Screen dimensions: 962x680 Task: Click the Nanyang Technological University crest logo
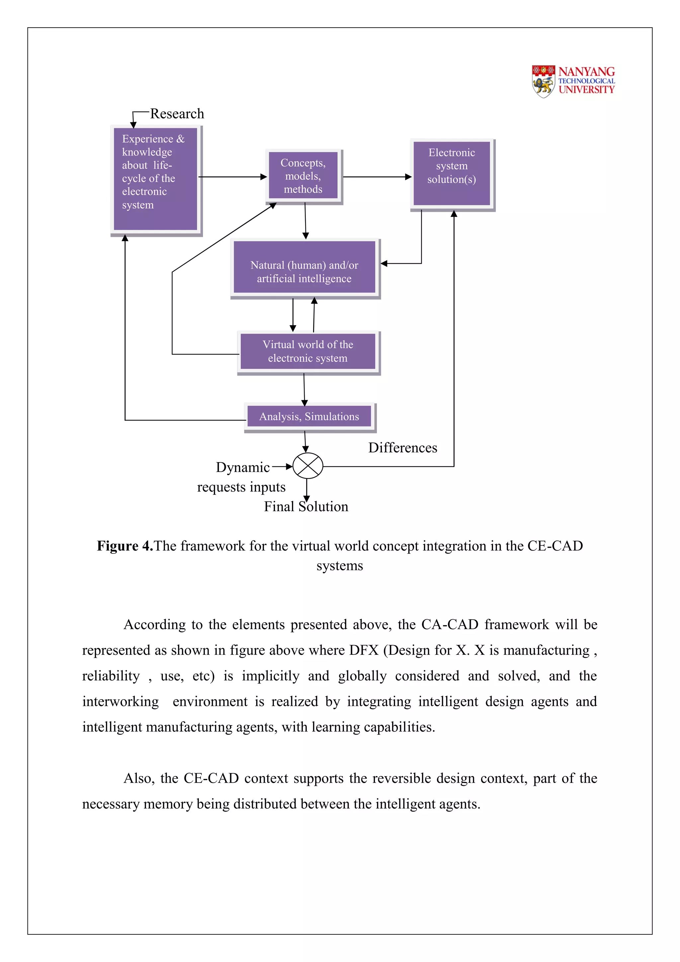pyautogui.click(x=543, y=81)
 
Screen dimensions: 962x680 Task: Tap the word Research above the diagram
pyautogui.click(x=177, y=114)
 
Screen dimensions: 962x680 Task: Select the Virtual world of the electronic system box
pyautogui.click(x=308, y=351)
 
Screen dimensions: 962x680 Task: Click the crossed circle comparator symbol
pyautogui.click(x=308, y=466)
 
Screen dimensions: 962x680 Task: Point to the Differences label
pyautogui.click(x=402, y=447)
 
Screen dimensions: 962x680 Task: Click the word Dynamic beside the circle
pyautogui.click(x=242, y=467)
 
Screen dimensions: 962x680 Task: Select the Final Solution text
pyautogui.click(x=306, y=507)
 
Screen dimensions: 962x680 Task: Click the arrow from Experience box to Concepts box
pyautogui.click(x=232, y=177)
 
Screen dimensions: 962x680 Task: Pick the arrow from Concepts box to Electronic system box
pyautogui.click(x=377, y=177)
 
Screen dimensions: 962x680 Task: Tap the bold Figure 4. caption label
pyautogui.click(x=125, y=546)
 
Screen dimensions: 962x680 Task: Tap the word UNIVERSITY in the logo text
pyautogui.click(x=586, y=90)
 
